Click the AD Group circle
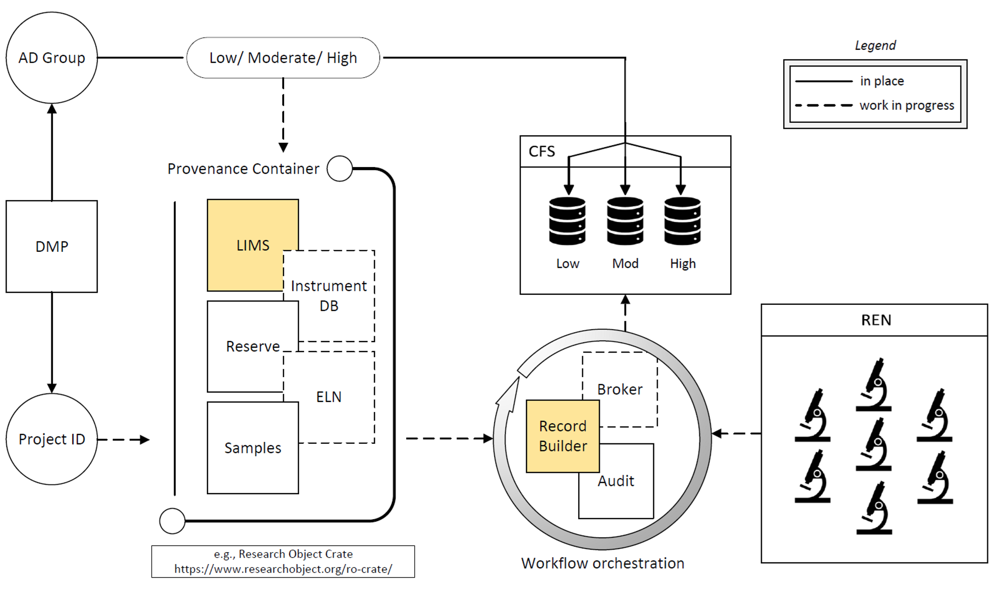(52, 58)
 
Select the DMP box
(52, 246)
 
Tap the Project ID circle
(52, 439)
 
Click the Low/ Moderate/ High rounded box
(283, 58)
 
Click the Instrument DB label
(329, 295)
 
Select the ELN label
(329, 397)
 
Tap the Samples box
(253, 448)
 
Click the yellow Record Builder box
(563, 436)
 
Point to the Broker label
(620, 389)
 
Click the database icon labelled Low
(567, 221)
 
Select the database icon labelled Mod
(625, 221)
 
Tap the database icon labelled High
(682, 221)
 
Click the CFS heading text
(542, 151)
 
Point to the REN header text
(876, 320)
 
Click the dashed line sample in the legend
(824, 105)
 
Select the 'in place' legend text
(882, 81)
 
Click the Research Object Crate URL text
(283, 569)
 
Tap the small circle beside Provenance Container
(340, 169)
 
